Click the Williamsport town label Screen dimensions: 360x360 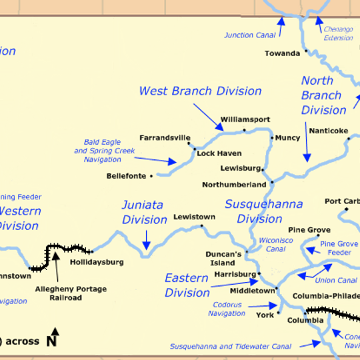(245, 119)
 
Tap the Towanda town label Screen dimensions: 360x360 (282, 53)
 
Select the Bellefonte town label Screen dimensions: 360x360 (127, 176)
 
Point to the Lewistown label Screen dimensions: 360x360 (194, 217)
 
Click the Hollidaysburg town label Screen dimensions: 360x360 (97, 262)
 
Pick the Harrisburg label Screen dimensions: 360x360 (235, 274)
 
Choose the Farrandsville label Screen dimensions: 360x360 (165, 138)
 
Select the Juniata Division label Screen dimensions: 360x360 (144, 212)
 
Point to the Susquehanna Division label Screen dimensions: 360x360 (263, 211)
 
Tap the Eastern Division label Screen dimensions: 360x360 (187, 285)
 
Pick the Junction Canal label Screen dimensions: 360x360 (248, 35)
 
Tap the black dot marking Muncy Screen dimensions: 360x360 (272, 138)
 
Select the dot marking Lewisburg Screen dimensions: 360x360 (264, 169)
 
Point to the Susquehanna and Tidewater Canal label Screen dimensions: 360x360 (230, 346)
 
